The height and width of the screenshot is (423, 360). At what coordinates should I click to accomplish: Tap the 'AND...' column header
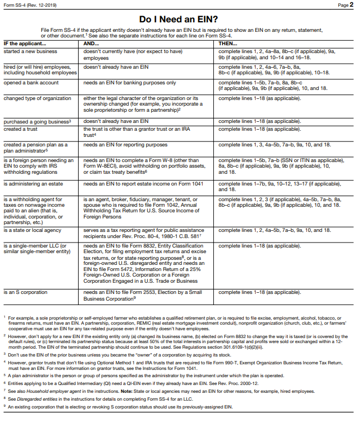click(x=91, y=44)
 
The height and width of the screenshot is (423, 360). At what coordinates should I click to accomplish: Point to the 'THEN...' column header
click(x=228, y=44)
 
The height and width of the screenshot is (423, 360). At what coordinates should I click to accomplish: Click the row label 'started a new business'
click(x=30, y=51)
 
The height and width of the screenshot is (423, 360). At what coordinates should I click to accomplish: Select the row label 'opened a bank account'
click(x=31, y=83)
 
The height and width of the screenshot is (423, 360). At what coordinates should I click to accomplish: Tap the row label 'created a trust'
click(x=22, y=129)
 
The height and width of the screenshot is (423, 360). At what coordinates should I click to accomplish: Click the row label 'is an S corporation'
click(x=25, y=292)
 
